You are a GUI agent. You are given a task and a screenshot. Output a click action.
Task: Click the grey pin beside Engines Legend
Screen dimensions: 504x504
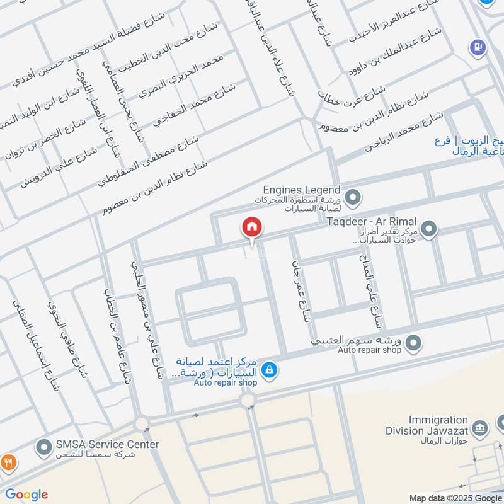click(x=353, y=198)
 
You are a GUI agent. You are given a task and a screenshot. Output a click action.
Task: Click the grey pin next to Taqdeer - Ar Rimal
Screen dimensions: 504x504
click(x=429, y=229)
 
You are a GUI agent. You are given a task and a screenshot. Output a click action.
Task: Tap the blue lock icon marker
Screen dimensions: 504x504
click(x=269, y=370)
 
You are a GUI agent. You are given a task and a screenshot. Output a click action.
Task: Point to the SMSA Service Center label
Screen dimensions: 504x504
click(x=107, y=444)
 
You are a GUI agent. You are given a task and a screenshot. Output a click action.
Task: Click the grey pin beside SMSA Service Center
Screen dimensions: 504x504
click(x=44, y=449)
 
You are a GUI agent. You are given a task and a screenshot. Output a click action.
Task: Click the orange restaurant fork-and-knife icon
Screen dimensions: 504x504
click(x=8, y=462)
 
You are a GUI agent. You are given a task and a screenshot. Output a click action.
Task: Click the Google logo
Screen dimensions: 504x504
click(x=26, y=495)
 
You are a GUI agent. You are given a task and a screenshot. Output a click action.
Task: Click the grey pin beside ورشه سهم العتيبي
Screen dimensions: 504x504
click(x=413, y=343)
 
